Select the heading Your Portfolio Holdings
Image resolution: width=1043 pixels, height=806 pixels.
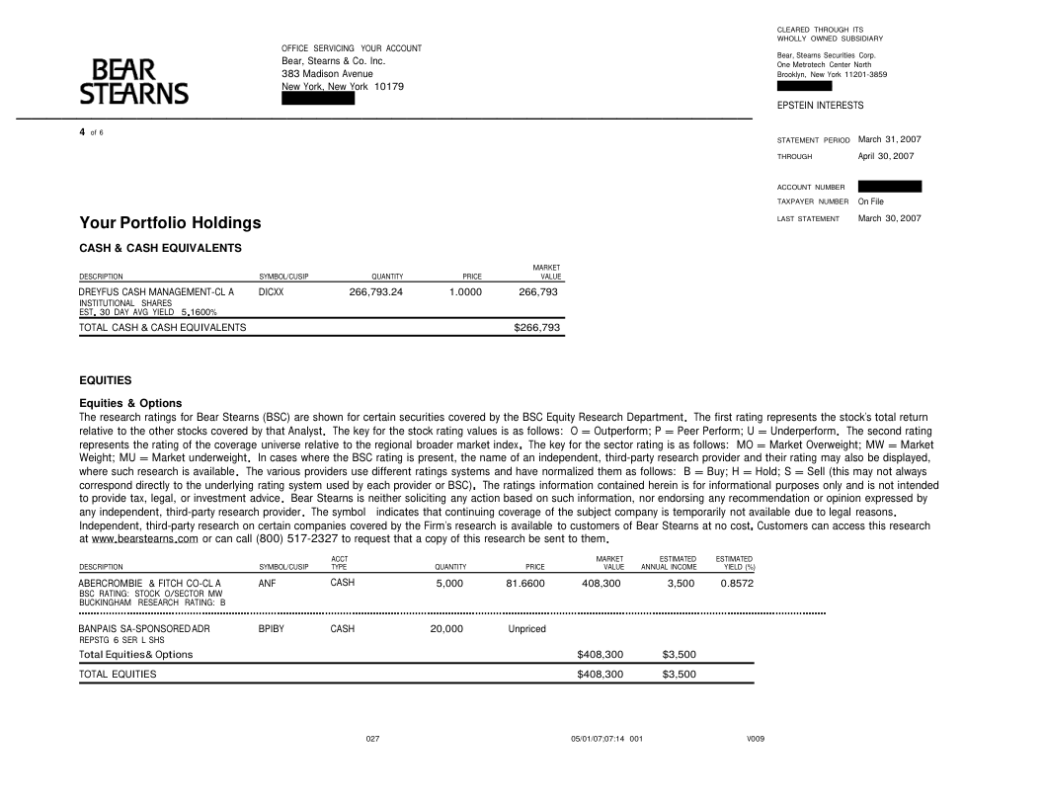(x=170, y=223)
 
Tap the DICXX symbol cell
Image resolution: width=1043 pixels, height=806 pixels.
(x=271, y=292)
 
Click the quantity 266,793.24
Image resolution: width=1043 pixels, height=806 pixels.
(x=376, y=292)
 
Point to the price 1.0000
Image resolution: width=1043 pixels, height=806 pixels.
(x=465, y=292)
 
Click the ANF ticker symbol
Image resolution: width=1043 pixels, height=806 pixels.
(x=266, y=584)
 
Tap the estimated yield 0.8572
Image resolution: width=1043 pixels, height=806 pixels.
(x=737, y=584)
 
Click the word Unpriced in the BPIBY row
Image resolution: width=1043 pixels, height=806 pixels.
(x=526, y=629)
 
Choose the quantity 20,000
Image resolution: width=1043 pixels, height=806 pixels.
(x=446, y=629)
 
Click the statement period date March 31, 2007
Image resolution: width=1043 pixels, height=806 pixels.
(x=889, y=139)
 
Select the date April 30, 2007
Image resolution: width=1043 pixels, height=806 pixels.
(x=886, y=156)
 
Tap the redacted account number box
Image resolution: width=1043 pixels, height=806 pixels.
(x=889, y=186)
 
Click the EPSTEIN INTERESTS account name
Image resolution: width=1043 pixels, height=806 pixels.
(x=820, y=105)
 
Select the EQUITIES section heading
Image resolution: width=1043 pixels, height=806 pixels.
(x=105, y=379)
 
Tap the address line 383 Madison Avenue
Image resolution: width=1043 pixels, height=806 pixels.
(x=327, y=74)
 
